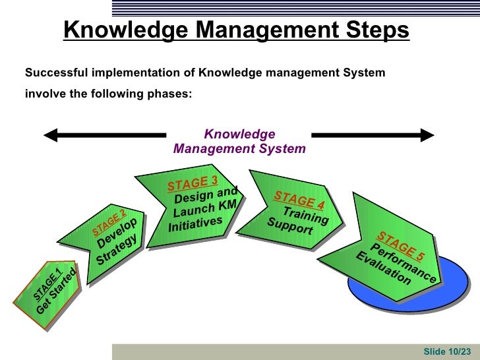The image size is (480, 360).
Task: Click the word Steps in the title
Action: (371, 30)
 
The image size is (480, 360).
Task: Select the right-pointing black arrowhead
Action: (427, 136)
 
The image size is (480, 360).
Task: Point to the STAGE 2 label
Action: (108, 223)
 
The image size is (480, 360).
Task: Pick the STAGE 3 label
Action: (192, 183)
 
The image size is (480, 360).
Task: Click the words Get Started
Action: (57, 294)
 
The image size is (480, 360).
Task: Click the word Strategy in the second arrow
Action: (119, 250)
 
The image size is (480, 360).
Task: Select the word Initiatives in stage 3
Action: (195, 224)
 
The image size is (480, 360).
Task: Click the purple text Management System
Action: (239, 149)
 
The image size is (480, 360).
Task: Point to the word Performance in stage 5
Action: (404, 263)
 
